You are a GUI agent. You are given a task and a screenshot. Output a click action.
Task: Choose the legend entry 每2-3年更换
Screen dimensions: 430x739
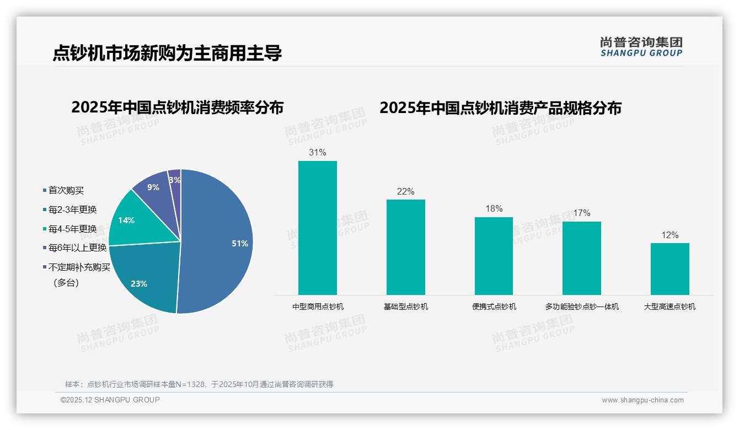(x=72, y=210)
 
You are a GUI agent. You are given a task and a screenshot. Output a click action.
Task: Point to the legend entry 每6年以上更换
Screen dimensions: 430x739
(x=77, y=248)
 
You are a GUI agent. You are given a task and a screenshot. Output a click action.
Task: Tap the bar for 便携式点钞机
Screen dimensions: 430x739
(x=494, y=256)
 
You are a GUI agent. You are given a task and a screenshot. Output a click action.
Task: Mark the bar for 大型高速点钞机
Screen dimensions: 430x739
(x=670, y=269)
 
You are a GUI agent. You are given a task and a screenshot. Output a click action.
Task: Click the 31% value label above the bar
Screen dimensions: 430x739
(x=318, y=153)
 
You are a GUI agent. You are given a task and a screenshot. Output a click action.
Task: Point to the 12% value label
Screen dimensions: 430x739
(x=670, y=235)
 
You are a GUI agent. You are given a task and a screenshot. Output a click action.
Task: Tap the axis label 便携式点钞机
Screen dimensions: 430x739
(x=494, y=307)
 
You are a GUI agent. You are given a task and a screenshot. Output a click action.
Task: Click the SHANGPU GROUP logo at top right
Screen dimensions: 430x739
(x=641, y=47)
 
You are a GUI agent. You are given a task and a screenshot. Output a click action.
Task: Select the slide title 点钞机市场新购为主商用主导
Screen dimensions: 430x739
(x=167, y=53)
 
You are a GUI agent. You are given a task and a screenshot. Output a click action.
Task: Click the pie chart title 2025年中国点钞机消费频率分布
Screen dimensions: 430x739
(x=177, y=108)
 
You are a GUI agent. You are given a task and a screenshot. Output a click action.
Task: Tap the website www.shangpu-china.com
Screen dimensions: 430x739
(x=642, y=400)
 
